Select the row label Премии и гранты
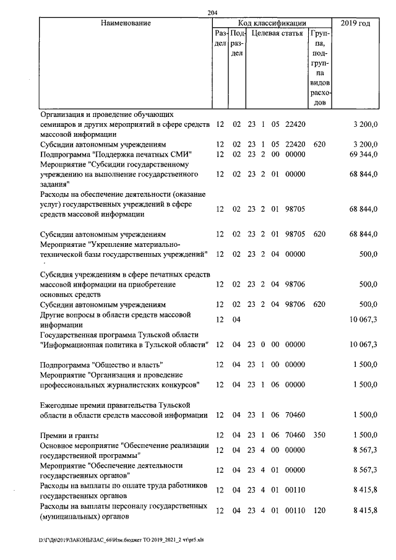(x=69, y=436)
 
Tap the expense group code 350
(x=319, y=436)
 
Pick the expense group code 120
(x=319, y=510)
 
